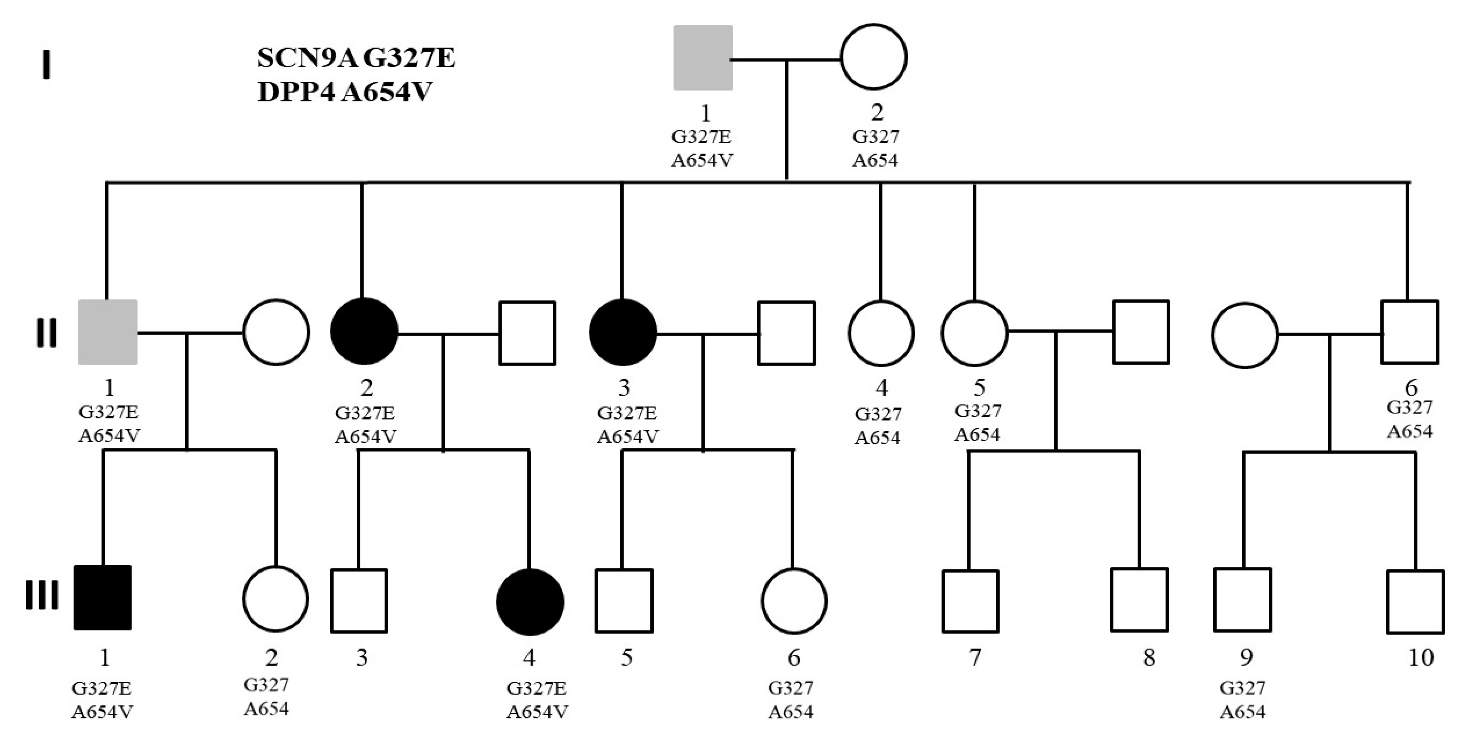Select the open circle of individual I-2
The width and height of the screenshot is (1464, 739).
(x=874, y=57)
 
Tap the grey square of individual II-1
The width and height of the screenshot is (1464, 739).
(x=108, y=332)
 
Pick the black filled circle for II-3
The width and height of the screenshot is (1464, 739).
(x=623, y=332)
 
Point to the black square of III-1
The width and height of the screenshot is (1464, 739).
(x=103, y=597)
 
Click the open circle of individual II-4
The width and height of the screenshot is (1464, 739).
(x=881, y=333)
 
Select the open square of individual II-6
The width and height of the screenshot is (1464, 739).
(x=1409, y=332)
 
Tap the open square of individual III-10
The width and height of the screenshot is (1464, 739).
(x=1415, y=602)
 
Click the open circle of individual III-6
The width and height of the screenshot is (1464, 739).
(x=794, y=600)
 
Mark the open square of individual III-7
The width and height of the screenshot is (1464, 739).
(x=970, y=601)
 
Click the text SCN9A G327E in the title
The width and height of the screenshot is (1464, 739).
(x=356, y=58)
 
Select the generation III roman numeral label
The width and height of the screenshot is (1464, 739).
(x=42, y=595)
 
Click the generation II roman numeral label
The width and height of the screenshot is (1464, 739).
(x=46, y=333)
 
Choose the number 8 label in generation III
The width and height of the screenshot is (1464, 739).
(x=1148, y=657)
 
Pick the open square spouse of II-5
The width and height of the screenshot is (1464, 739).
(x=1141, y=332)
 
